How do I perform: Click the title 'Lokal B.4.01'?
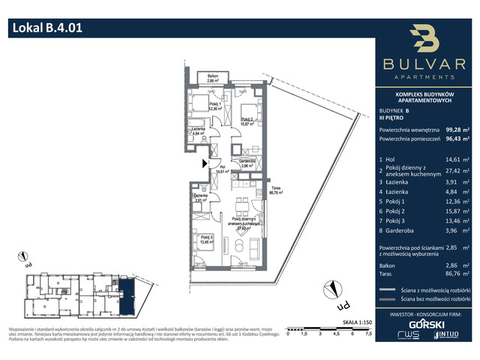pos(46,29)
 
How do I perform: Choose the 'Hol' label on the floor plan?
pos(220,168)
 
